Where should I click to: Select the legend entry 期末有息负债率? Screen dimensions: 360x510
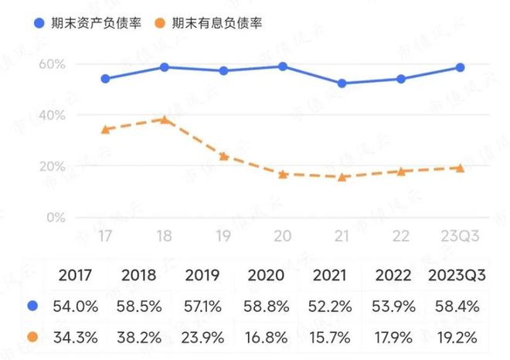point(208,22)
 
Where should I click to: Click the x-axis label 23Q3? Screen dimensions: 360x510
point(460,236)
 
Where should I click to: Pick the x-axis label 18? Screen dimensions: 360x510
point(164,236)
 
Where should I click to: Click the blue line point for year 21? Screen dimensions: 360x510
point(342,83)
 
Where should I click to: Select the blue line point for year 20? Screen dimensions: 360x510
point(283,66)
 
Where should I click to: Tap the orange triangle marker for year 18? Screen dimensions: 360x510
point(164,120)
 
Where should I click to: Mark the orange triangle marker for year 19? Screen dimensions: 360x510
point(223,156)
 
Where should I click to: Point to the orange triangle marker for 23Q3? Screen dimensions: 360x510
point(460,168)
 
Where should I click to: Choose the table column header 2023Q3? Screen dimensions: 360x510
point(457,275)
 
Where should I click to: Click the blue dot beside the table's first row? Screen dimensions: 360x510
point(30,307)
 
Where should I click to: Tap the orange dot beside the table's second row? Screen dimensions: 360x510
point(30,338)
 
